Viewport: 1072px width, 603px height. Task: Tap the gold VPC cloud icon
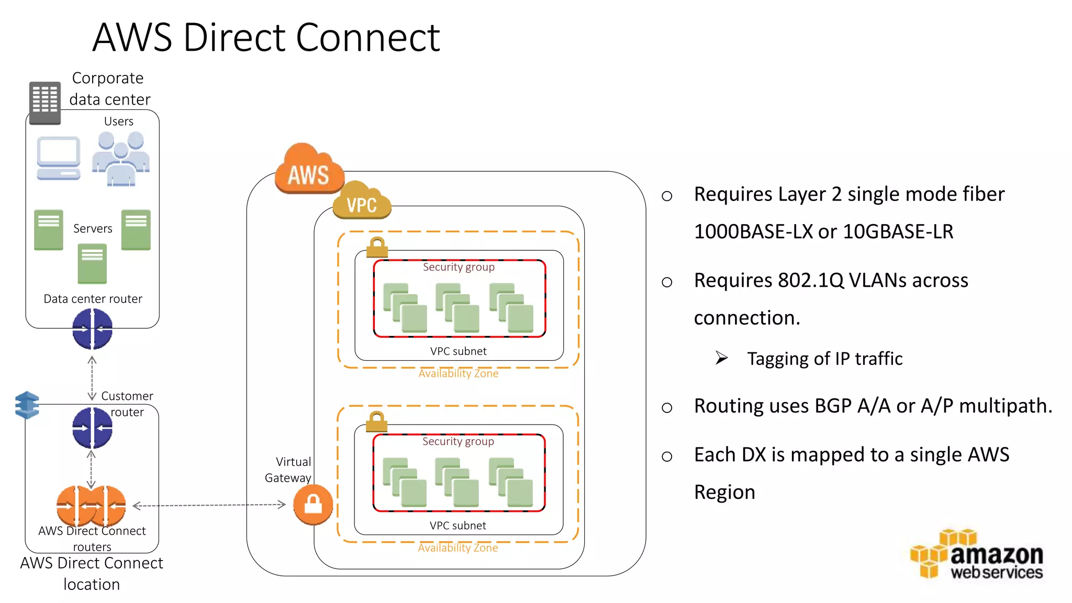pyautogui.click(x=362, y=201)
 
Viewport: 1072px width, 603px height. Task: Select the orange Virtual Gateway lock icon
pyautogui.click(x=313, y=505)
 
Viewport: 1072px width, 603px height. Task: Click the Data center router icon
pyautogui.click(x=92, y=329)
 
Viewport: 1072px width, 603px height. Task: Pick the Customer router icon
pyautogui.click(x=92, y=428)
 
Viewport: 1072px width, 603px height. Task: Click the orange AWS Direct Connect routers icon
pyautogui.click(x=91, y=506)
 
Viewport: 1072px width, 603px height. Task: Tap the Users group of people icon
pyautogui.click(x=121, y=159)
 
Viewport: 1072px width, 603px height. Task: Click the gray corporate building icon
pyautogui.click(x=44, y=103)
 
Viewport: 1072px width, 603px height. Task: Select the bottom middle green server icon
pyautogui.click(x=92, y=264)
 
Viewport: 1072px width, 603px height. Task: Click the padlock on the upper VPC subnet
pyautogui.click(x=377, y=247)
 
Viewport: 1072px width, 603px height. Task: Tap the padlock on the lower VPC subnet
pyautogui.click(x=376, y=421)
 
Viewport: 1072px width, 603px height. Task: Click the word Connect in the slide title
pyautogui.click(x=368, y=38)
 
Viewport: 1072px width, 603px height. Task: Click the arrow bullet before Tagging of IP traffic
pyautogui.click(x=722, y=358)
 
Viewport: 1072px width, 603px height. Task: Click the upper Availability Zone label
pyautogui.click(x=458, y=373)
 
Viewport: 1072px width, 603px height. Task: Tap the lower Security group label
pyautogui.click(x=458, y=441)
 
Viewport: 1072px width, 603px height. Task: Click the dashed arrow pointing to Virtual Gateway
pyautogui.click(x=209, y=505)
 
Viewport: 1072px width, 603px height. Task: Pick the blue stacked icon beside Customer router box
pyautogui.click(x=27, y=405)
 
